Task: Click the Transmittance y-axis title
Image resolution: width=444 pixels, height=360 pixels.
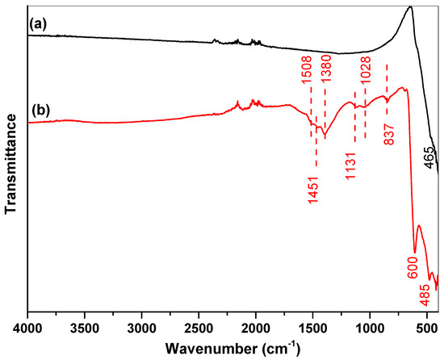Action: tap(10, 161)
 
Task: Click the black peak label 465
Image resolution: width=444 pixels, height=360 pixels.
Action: tap(428, 162)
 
